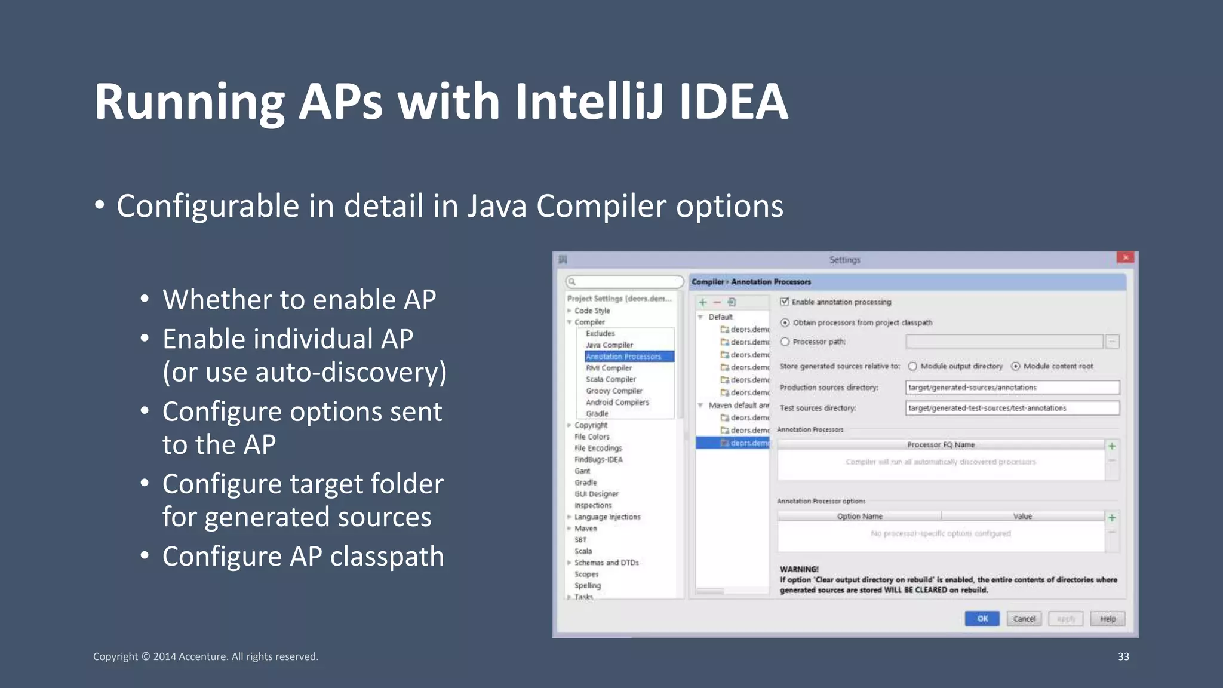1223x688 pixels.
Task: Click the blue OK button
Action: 982,619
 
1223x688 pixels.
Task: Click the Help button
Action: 1108,619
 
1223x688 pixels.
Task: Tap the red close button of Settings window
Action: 1126,257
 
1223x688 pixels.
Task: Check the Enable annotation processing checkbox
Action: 785,302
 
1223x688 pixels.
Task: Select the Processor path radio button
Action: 785,342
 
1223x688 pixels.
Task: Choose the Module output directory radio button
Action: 912,366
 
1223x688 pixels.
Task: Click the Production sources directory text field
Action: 1012,388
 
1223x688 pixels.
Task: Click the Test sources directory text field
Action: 1012,408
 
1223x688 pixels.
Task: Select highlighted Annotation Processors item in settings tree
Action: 623,357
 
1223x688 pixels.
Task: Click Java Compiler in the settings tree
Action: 609,345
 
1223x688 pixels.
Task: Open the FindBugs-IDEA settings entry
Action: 598,460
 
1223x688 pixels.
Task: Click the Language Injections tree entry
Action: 607,517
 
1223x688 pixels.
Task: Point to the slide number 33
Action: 1123,656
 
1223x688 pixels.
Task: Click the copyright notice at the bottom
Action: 205,656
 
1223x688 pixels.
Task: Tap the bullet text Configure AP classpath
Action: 303,557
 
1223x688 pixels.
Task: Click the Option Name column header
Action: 859,516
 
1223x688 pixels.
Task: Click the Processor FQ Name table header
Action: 941,444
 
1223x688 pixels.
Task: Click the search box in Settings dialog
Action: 624,281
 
